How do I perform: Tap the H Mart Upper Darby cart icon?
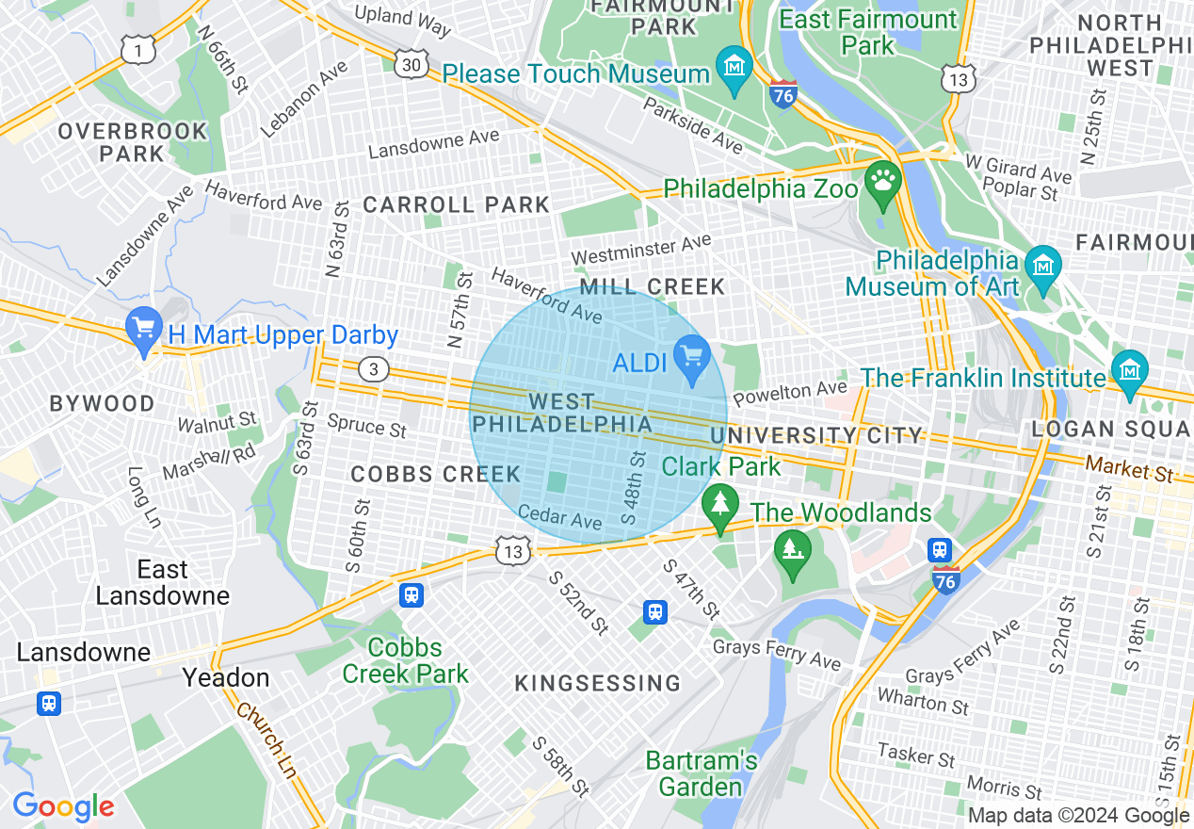(144, 330)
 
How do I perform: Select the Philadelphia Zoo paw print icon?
(882, 183)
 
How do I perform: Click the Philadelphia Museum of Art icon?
(1042, 268)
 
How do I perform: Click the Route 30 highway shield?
(412, 63)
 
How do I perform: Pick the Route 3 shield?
(374, 370)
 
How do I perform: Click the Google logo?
(63, 807)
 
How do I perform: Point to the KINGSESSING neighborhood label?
(597, 683)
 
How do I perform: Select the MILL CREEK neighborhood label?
(653, 286)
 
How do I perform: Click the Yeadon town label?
(225, 677)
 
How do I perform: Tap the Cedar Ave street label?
(559, 516)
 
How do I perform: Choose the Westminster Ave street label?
(640, 250)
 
